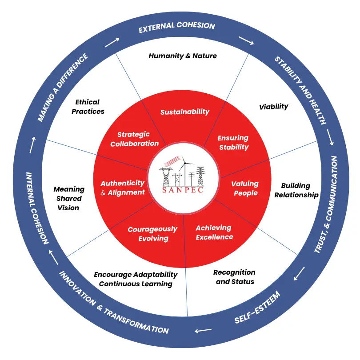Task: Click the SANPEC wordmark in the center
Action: click(180, 190)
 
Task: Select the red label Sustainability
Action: click(184, 112)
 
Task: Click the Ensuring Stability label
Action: click(233, 142)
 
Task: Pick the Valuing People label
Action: click(245, 188)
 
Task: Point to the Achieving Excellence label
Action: click(214, 232)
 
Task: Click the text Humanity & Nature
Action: click(183, 56)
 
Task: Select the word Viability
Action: click(273, 106)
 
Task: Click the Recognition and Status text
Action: click(234, 276)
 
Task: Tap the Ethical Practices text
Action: click(88, 107)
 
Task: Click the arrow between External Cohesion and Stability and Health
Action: click(245, 40)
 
